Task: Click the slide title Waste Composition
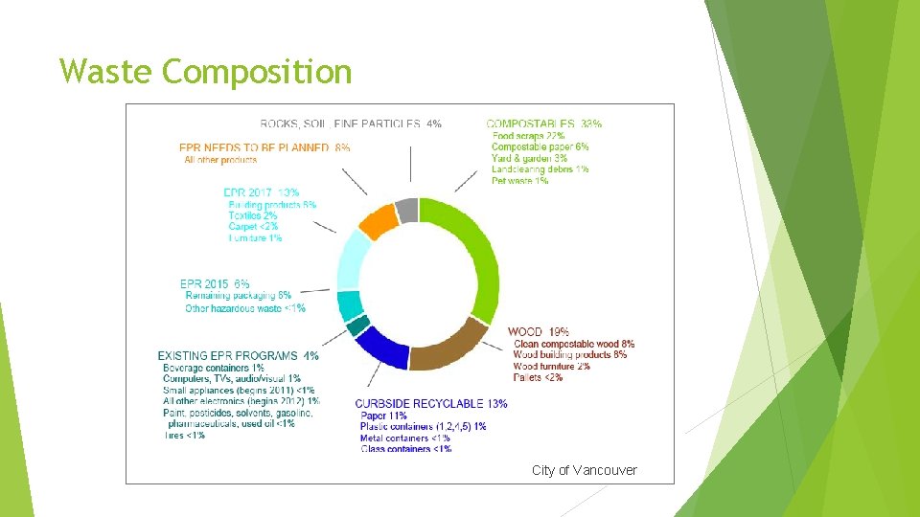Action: (x=205, y=72)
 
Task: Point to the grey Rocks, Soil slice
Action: (x=406, y=209)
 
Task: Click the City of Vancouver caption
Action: (x=584, y=470)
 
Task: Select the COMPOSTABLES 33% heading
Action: (x=543, y=124)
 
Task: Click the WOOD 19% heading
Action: (x=538, y=332)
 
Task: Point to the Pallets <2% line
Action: (x=538, y=377)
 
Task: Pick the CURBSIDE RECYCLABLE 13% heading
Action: (x=430, y=404)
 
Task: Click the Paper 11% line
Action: (x=383, y=416)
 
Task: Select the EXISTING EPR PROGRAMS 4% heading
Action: (x=238, y=356)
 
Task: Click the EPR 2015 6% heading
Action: (x=215, y=284)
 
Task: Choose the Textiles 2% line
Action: (x=253, y=216)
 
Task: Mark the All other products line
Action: (x=220, y=160)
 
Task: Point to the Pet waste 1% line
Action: (x=519, y=180)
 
